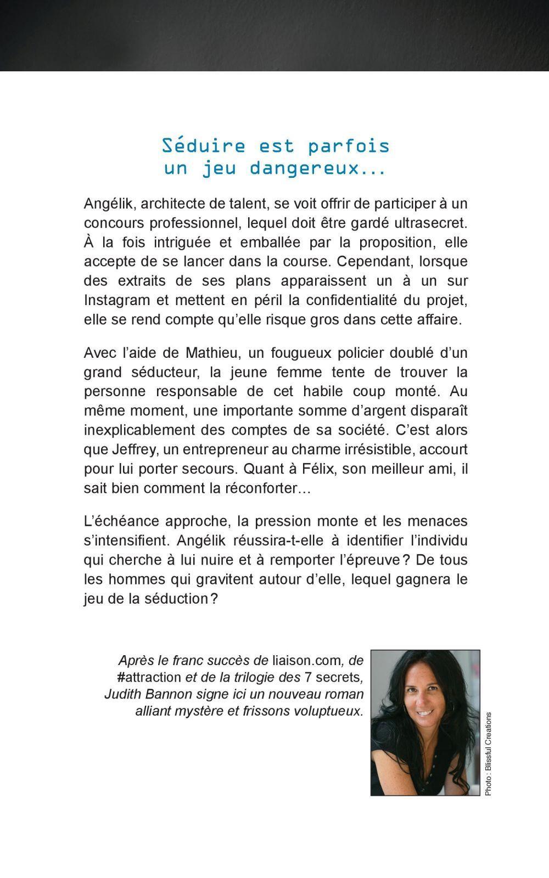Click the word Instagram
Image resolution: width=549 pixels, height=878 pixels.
coord(117,300)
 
